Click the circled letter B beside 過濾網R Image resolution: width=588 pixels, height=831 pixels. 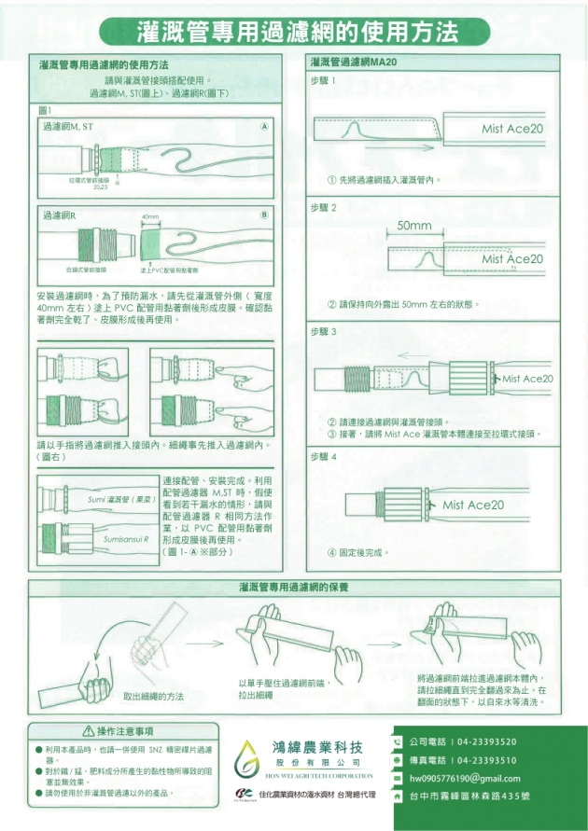pos(264,215)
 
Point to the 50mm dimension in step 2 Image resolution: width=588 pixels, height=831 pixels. pos(413,226)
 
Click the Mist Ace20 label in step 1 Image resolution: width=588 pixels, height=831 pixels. pos(511,129)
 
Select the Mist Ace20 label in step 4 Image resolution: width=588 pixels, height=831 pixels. pos(473,505)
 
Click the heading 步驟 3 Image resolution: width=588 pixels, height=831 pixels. pos(323,331)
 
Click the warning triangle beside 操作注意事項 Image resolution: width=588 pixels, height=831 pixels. pos(89,731)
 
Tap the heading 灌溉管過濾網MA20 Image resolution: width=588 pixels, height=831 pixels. pos(353,63)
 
